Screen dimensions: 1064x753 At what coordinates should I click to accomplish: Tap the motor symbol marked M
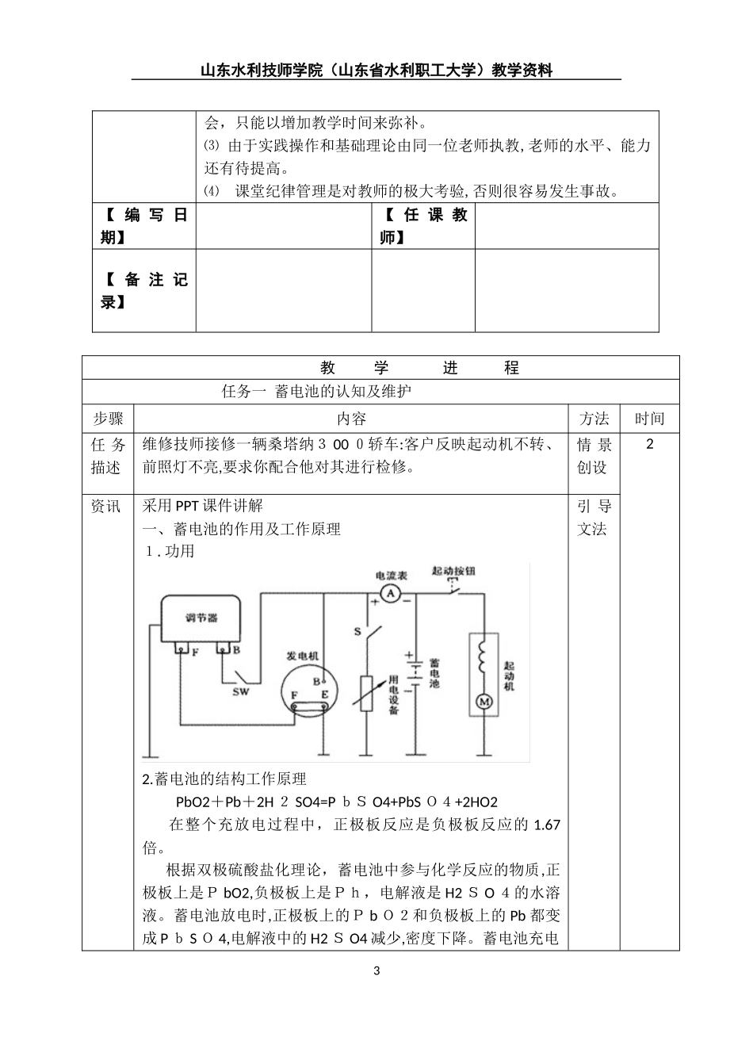(483, 701)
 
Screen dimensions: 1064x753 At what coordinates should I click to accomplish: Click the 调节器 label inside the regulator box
(201, 618)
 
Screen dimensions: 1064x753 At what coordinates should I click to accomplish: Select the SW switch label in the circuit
(240, 691)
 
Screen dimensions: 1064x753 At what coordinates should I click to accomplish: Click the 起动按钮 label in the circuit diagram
(453, 571)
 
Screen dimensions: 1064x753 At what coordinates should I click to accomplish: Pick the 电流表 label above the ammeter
(391, 575)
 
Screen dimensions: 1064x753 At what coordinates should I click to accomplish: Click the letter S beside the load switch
(357, 632)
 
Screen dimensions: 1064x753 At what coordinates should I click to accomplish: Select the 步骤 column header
(108, 419)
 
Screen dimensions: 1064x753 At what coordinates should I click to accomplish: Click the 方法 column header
(594, 419)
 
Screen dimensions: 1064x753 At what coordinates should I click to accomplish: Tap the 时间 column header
(649, 419)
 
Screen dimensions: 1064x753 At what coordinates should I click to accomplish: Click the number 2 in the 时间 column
(650, 444)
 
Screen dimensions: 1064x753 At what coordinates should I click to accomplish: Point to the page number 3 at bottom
(376, 971)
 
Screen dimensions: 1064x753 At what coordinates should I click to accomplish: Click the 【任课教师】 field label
(423, 226)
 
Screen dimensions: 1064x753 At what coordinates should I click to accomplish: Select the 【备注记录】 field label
(143, 290)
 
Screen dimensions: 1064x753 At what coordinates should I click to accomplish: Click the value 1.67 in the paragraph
(547, 825)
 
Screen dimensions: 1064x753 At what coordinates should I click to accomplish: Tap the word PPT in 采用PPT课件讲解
(188, 506)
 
